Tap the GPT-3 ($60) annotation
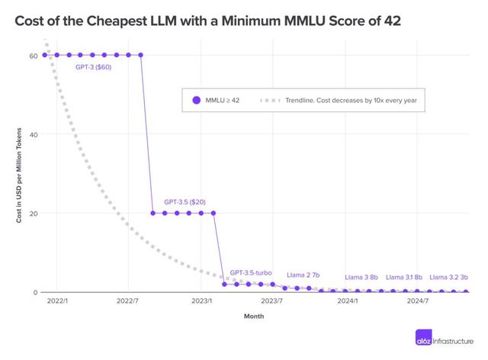[x=94, y=67]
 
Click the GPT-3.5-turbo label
[x=251, y=272]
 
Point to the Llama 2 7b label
[x=303, y=275]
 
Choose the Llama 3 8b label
[x=361, y=277]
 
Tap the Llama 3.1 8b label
[x=403, y=277]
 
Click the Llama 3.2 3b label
[x=448, y=277]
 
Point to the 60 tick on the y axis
[x=34, y=56]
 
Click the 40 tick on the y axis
[x=34, y=134]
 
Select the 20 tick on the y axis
[x=34, y=213]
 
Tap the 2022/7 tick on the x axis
[x=128, y=302]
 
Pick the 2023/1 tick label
[x=201, y=302]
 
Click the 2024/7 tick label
[x=417, y=302]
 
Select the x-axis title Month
[x=254, y=316]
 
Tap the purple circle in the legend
[x=196, y=100]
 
